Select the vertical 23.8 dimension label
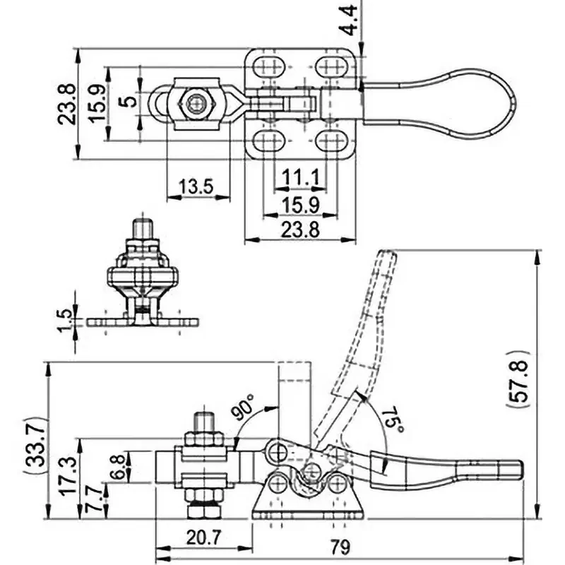[x=66, y=104]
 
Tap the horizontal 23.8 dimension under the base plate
[x=300, y=230]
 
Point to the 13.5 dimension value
[x=196, y=186]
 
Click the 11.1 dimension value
[x=301, y=178]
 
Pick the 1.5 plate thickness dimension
[x=66, y=321]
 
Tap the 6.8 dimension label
[x=117, y=467]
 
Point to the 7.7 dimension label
[x=93, y=499]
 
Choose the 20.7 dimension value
[x=203, y=538]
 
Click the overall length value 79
[x=340, y=547]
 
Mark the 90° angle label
[x=244, y=407]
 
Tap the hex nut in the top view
[x=198, y=105]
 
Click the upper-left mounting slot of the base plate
[x=269, y=66]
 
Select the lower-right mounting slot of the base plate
[x=331, y=141]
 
